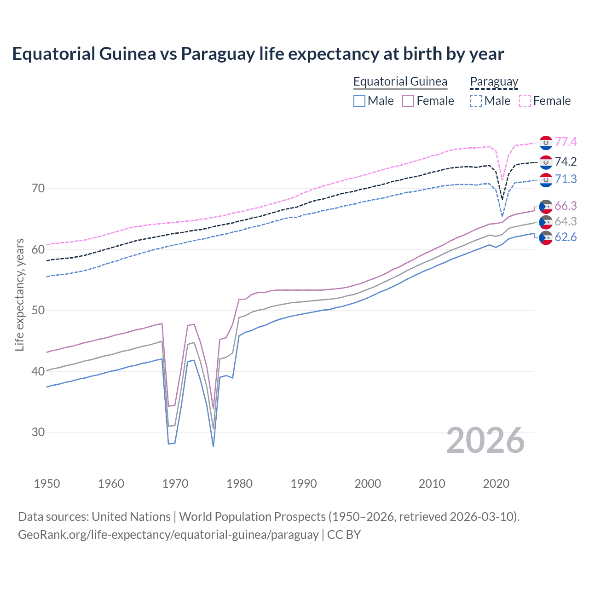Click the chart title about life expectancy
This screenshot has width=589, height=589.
point(258,54)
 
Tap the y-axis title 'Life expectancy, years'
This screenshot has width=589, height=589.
point(19,294)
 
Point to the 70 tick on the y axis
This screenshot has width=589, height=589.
point(38,188)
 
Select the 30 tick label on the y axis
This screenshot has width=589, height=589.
point(38,432)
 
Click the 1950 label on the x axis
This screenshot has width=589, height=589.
point(47,484)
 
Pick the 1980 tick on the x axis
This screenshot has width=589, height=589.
point(239,484)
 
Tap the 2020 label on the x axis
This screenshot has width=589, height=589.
point(496,484)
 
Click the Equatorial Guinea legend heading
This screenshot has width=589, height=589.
point(400,81)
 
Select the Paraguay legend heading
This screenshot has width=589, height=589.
point(494,81)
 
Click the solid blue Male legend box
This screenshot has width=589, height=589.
point(359,101)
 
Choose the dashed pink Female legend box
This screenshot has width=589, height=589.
point(525,101)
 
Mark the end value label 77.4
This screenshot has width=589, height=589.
point(566,142)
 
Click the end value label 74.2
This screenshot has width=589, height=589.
point(566,162)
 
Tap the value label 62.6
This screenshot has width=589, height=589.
point(566,237)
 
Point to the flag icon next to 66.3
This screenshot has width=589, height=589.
point(546,206)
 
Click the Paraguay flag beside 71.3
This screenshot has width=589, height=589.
point(546,180)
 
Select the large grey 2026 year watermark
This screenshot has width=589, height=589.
point(485,440)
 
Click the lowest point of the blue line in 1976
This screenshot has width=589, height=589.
point(213,446)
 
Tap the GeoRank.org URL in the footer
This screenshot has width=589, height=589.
point(168,535)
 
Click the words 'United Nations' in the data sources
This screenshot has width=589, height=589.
point(131,517)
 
